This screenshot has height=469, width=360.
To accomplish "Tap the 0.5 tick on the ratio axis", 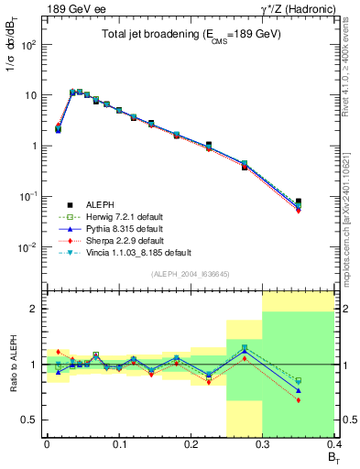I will [32, 420].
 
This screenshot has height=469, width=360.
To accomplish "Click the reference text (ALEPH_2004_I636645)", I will [191, 273].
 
